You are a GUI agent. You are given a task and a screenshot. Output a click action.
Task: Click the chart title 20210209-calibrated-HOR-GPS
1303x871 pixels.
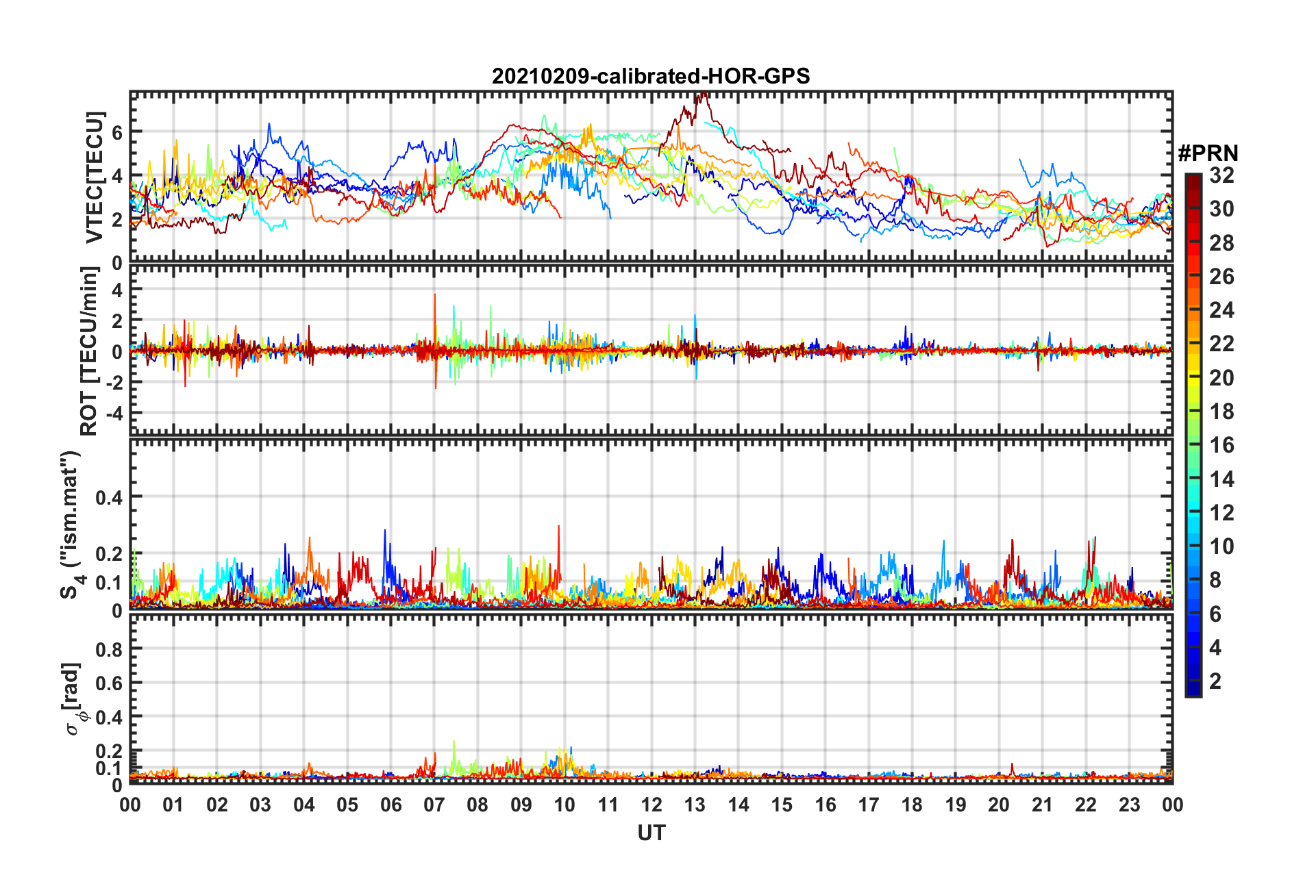pyautogui.click(x=651, y=76)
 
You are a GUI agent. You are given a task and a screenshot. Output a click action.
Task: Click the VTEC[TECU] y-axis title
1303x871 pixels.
pyautogui.click(x=95, y=177)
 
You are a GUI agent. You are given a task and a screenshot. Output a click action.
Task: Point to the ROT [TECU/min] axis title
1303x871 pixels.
pyautogui.click(x=90, y=351)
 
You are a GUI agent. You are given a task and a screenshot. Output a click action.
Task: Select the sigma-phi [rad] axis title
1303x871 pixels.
pyautogui.click(x=73, y=698)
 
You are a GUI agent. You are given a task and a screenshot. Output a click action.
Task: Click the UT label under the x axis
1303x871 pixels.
pyautogui.click(x=651, y=833)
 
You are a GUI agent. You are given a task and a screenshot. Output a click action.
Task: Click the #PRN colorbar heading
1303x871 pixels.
pyautogui.click(x=1208, y=153)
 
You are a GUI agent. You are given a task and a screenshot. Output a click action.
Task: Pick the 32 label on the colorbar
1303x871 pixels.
pyautogui.click(x=1221, y=175)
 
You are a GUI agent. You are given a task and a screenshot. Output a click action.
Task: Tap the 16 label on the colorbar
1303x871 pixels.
pyautogui.click(x=1221, y=445)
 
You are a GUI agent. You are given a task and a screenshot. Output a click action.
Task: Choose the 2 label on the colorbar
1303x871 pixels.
pyautogui.click(x=1215, y=681)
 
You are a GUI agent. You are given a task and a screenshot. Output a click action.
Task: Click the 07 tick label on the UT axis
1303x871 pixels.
pyautogui.click(x=434, y=805)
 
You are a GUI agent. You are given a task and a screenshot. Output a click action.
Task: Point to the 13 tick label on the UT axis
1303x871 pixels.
pyautogui.click(x=695, y=805)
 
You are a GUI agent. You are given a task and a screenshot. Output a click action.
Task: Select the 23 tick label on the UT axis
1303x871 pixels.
pyautogui.click(x=1129, y=805)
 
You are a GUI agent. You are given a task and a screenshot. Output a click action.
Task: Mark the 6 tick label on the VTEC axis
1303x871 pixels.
pyautogui.click(x=116, y=132)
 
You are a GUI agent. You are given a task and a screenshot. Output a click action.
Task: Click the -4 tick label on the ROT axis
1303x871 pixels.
pyautogui.click(x=111, y=414)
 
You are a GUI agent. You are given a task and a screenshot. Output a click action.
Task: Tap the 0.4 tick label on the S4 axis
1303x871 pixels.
pyautogui.click(x=109, y=497)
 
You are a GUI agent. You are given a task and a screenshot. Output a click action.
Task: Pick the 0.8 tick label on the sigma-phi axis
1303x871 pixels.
pyautogui.click(x=109, y=649)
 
